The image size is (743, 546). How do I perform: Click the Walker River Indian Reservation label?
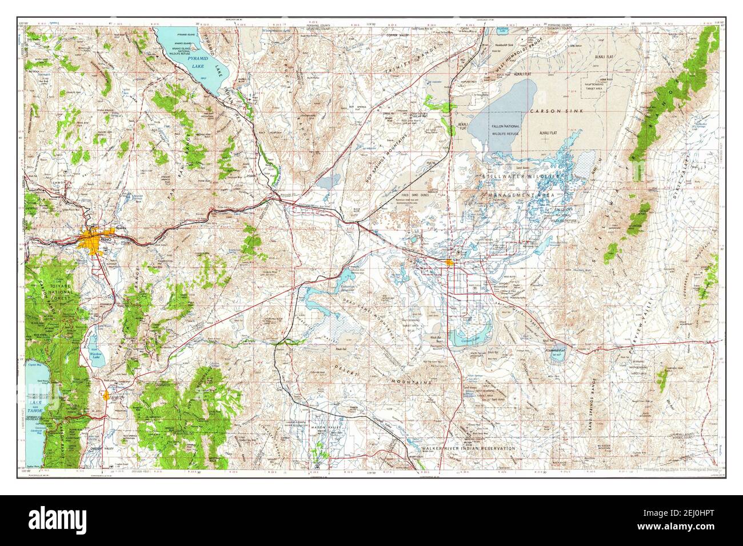(468, 449)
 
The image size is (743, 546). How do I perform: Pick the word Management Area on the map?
(518, 195)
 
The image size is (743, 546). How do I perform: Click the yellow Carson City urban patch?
(107, 395)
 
